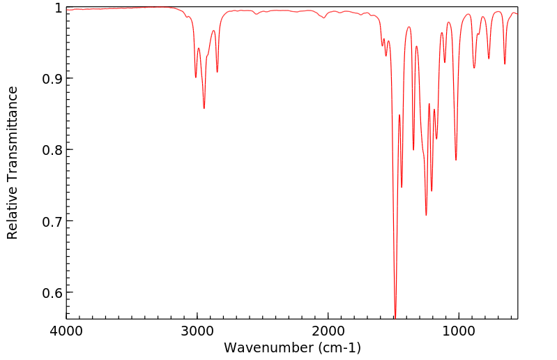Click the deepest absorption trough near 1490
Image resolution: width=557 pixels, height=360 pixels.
[395, 316]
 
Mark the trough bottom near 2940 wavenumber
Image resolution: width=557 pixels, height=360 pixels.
[204, 108]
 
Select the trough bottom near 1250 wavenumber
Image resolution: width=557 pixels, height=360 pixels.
[426, 215]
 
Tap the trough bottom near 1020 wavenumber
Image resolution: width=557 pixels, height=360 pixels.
[456, 160]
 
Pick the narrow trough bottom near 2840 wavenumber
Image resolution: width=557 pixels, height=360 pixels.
[217, 72]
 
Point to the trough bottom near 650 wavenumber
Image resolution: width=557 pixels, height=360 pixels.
[505, 64]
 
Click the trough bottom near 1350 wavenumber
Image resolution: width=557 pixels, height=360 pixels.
[413, 149]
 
